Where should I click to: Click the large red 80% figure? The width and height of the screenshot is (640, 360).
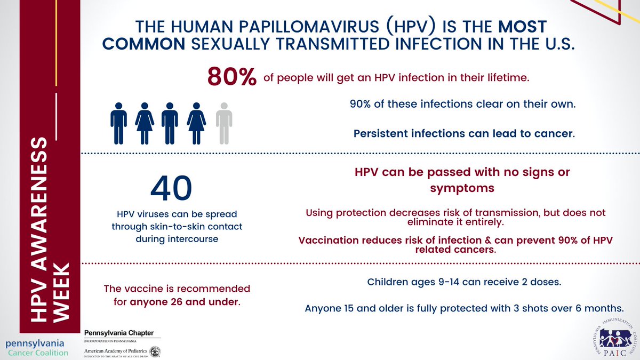[x=232, y=77]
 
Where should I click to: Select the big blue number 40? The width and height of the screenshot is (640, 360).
[x=171, y=188]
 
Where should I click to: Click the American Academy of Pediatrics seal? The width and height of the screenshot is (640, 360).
[x=155, y=351]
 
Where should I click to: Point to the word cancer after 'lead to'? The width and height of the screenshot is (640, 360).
[x=555, y=133]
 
